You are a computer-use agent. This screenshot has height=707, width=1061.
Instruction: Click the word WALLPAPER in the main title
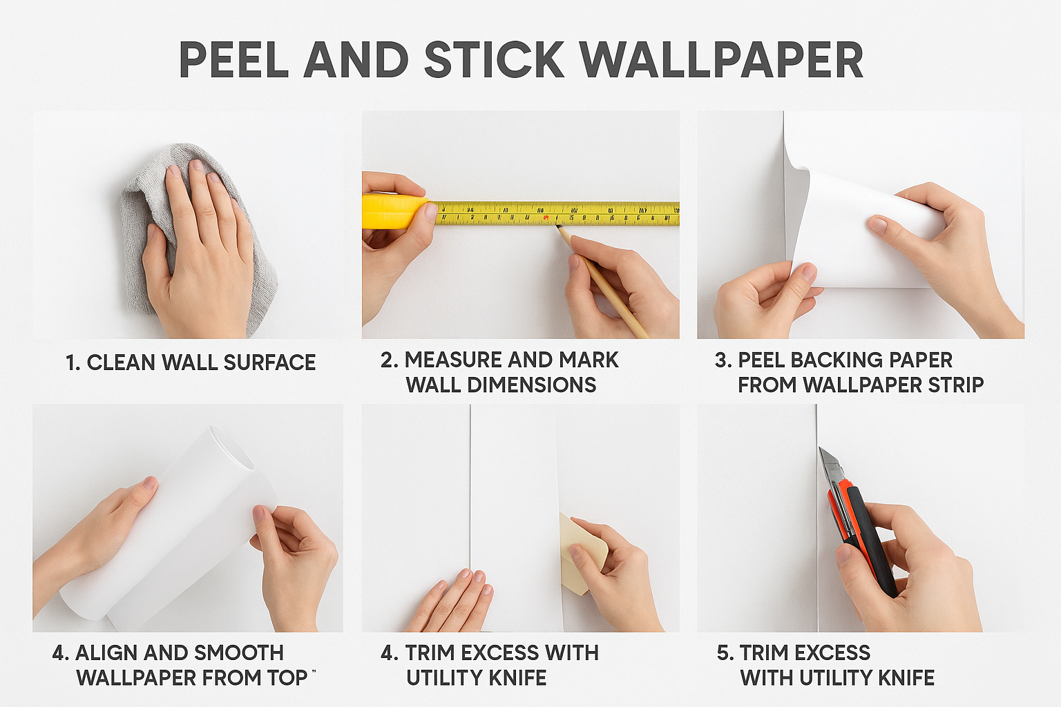pyautogui.click(x=721, y=60)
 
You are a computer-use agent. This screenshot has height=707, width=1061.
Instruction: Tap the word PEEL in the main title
pyautogui.click(x=234, y=60)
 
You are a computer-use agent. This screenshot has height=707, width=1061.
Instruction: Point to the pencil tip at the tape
pyautogui.click(x=558, y=227)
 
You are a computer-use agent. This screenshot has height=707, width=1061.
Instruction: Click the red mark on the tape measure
pyautogui.click(x=546, y=217)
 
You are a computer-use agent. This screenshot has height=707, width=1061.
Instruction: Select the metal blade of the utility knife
pyautogui.click(x=830, y=466)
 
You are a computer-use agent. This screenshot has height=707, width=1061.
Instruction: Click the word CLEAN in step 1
pyautogui.click(x=121, y=362)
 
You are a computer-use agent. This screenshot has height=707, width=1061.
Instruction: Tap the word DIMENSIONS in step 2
pyautogui.click(x=532, y=385)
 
